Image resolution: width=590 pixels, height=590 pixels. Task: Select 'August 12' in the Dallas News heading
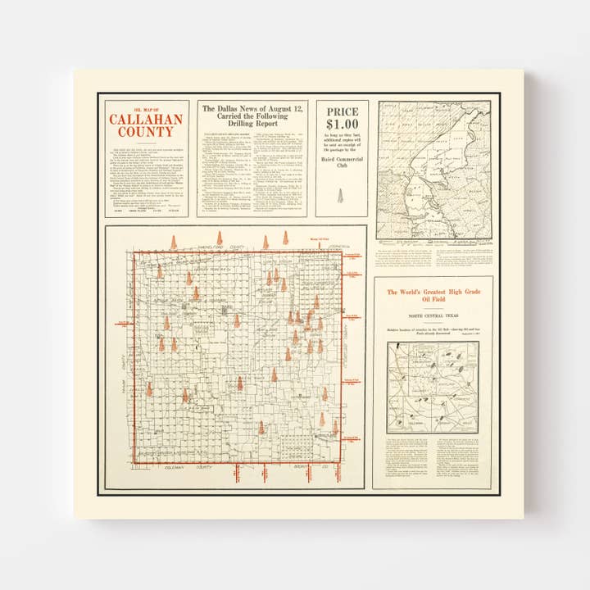pyautogui.click(x=284, y=108)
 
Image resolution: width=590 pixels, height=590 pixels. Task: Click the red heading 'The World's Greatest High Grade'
pyautogui.click(x=432, y=292)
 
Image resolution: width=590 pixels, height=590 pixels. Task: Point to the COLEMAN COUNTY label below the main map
pyautogui.click(x=182, y=468)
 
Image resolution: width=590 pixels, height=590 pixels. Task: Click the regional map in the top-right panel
pyautogui.click(x=433, y=170)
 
